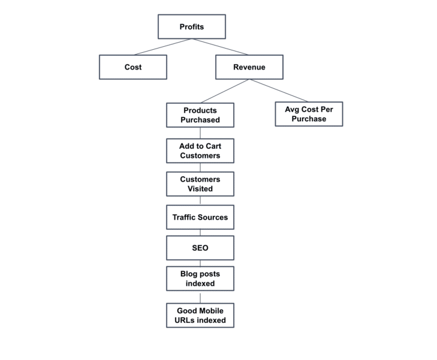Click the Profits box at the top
(x=192, y=27)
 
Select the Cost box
(x=133, y=67)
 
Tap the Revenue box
(x=249, y=67)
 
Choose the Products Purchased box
(x=200, y=115)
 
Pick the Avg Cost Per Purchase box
(x=309, y=114)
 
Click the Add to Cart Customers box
(x=200, y=151)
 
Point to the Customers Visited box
(x=200, y=184)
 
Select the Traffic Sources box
(x=200, y=217)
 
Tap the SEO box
(x=200, y=248)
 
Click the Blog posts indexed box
(x=200, y=278)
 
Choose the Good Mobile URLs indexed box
(x=200, y=315)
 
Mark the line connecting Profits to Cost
(x=162, y=47)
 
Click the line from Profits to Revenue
(x=220, y=47)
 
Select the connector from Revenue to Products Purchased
(x=225, y=91)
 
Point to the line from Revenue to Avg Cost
(x=279, y=91)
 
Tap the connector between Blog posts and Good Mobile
(x=200, y=297)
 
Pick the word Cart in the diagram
(x=213, y=146)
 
